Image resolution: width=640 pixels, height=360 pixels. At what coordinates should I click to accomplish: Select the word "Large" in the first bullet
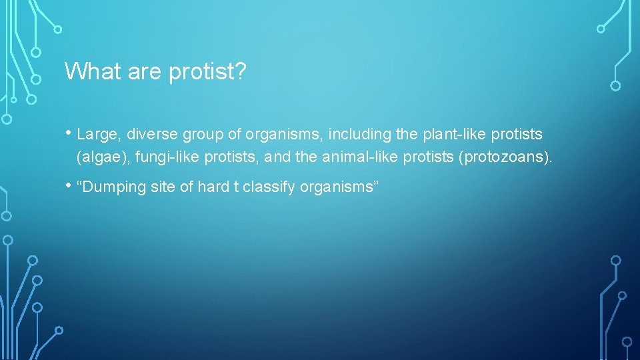tap(97, 135)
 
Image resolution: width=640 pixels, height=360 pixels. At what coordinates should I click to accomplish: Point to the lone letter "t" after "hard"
tap(235, 187)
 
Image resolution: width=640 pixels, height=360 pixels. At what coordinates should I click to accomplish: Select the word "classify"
tap(269, 188)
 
